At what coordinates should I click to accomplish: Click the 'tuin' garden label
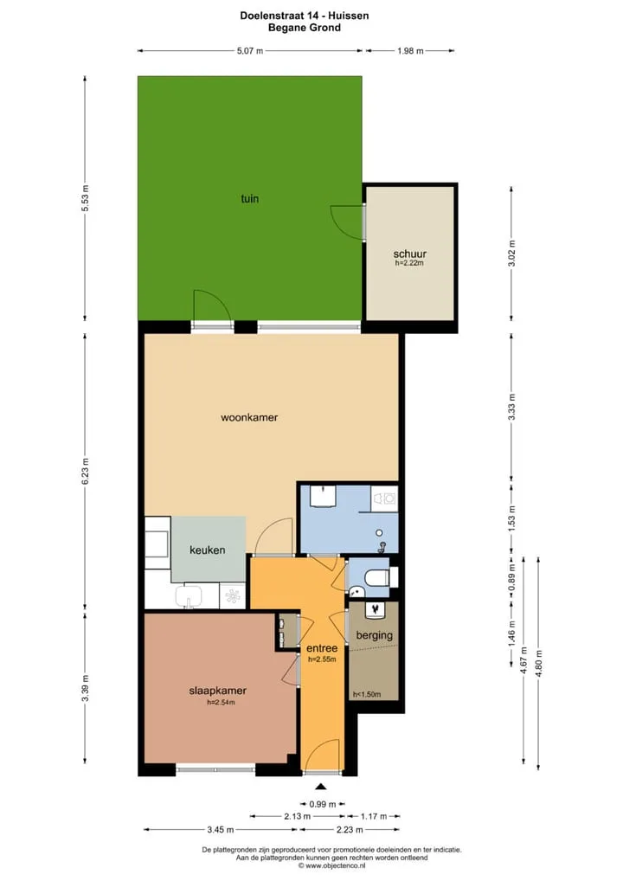250,198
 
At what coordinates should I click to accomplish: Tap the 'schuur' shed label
409,254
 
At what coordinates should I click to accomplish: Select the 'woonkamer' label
249,417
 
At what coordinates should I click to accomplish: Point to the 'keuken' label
208,550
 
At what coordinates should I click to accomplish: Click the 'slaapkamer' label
217,691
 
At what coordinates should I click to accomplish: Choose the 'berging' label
374,635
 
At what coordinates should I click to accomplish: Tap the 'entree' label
322,648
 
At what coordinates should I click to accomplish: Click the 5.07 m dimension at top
250,50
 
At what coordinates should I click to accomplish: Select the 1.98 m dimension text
410,50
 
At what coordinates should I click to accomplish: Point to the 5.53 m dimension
86,198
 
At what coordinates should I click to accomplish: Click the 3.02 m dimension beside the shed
511,254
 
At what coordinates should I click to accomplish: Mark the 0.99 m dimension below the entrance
323,804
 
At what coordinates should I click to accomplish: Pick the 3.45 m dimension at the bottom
220,829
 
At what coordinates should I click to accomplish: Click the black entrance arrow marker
321,787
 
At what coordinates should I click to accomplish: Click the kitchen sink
189,596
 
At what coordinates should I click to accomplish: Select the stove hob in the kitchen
232,596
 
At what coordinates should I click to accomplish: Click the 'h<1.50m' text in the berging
367,694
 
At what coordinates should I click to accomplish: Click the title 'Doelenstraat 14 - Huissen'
305,16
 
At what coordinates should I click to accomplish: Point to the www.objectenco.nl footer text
331,865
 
